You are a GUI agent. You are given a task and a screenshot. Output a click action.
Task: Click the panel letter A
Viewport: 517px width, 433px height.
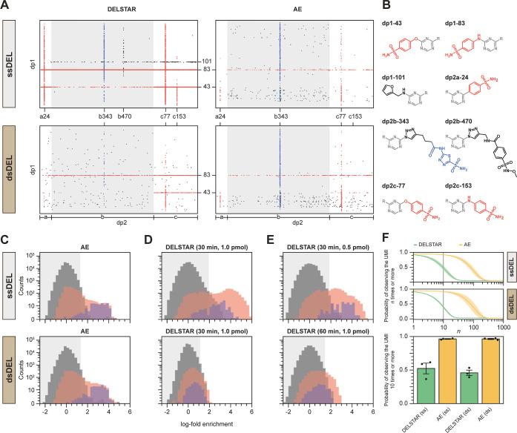(6, 6)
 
